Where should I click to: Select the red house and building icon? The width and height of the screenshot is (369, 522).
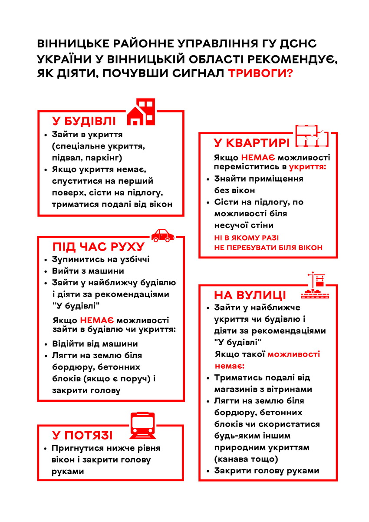pos(141,112)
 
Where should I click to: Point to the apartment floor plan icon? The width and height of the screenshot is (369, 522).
pos(312,136)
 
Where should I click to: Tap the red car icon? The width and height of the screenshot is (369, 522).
pos(163,235)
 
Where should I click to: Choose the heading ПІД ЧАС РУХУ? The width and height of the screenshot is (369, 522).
pos(98,247)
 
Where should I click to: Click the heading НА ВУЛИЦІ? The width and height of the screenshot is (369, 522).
pos(250,295)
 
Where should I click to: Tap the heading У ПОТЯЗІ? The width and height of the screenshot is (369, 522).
pos(82,436)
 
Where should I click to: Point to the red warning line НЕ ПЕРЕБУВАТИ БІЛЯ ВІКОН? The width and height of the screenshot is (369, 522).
pos(268,248)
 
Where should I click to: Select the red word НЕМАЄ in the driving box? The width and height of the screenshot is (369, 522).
pos(97,320)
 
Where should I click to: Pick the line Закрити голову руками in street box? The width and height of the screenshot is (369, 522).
pos(267,471)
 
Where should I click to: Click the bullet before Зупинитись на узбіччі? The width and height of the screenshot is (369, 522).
pos(46,260)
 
